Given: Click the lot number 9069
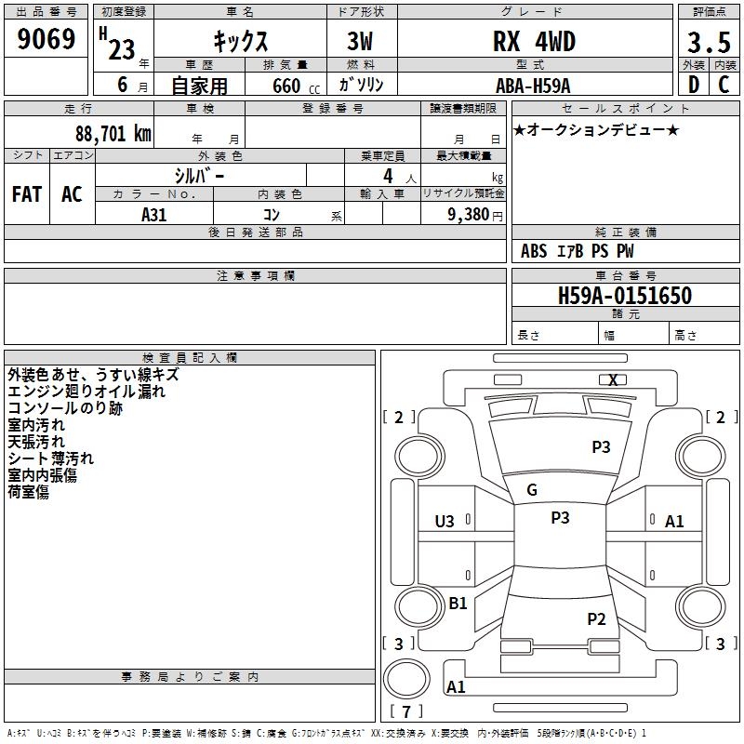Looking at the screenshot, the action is pyautogui.click(x=46, y=40).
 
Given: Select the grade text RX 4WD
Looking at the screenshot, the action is pyautogui.click(x=534, y=42).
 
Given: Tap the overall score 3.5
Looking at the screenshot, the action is pyautogui.click(x=707, y=43).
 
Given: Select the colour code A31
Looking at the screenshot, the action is pyautogui.click(x=154, y=213).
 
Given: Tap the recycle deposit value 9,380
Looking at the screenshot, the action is pyautogui.click(x=469, y=214).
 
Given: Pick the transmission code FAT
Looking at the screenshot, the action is pyautogui.click(x=27, y=194).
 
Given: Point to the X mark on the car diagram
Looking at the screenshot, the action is pyautogui.click(x=613, y=379).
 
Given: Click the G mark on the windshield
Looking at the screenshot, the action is pyautogui.click(x=532, y=490).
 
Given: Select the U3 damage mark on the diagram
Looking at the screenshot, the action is pyautogui.click(x=445, y=522).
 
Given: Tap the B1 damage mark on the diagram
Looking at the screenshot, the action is pyautogui.click(x=458, y=604).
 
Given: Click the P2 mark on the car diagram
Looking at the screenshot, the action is pyautogui.click(x=596, y=618).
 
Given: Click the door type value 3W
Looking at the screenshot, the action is pyautogui.click(x=362, y=42).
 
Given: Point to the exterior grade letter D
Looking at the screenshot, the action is pyautogui.click(x=693, y=85).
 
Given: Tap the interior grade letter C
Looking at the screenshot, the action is pyautogui.click(x=724, y=85).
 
